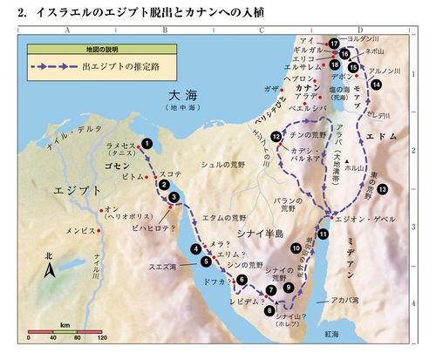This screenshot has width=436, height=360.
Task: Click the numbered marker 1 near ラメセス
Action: coord(147,143)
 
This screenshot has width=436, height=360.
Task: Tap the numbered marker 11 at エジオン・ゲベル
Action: coord(324,234)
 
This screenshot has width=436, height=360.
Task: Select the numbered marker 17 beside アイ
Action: coord(334,43)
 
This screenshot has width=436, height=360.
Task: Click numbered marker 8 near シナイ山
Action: coord(269,308)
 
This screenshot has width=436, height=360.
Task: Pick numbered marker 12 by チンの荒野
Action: coord(276,137)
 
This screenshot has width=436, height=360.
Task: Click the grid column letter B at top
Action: coord(165,29)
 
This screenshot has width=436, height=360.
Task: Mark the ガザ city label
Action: coord(269,90)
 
